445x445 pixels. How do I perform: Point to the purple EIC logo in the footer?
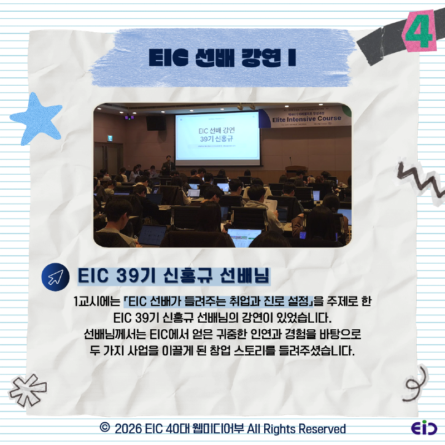[424, 429]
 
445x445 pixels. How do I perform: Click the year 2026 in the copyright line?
[127, 429]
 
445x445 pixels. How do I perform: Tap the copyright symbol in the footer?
[104, 428]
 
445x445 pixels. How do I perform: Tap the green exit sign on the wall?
[110, 138]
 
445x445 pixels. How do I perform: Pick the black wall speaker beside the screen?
[156, 123]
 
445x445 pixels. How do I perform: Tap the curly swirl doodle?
[414, 384]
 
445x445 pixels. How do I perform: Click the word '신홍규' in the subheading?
[187, 276]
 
